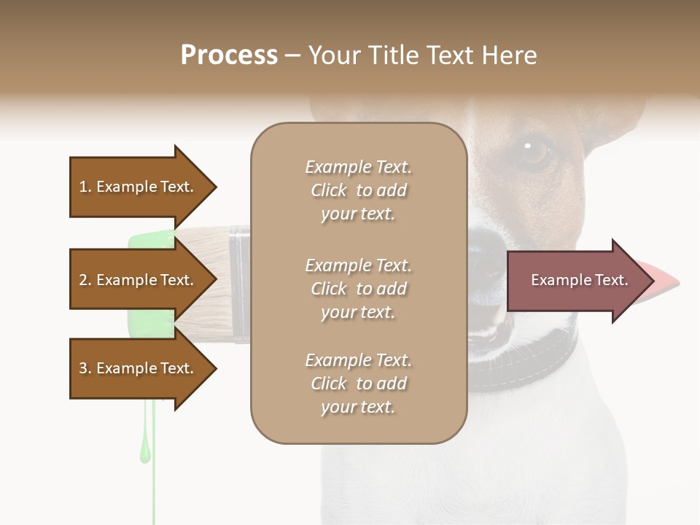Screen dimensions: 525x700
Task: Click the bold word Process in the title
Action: point(229,55)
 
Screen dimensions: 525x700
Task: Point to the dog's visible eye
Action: point(533,151)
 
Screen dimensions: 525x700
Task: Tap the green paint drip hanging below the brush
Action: point(146,445)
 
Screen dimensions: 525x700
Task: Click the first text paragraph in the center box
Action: point(358,190)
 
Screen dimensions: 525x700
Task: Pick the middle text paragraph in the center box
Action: point(358,289)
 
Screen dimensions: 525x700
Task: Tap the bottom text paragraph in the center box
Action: point(358,384)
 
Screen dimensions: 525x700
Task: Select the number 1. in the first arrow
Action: point(85,187)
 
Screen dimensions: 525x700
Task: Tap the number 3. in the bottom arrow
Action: point(85,368)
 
